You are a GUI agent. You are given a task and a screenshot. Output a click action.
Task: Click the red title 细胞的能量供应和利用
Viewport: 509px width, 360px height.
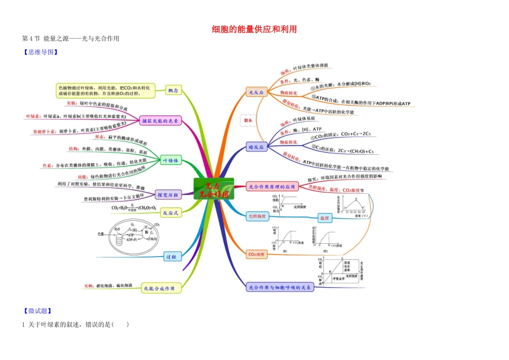click(254, 29)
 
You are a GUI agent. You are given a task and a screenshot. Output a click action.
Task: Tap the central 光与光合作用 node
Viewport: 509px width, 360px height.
click(213, 189)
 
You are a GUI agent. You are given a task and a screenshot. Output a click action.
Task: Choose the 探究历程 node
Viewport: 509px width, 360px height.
click(168, 194)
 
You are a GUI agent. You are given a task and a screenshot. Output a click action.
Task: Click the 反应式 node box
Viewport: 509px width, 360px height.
click(172, 213)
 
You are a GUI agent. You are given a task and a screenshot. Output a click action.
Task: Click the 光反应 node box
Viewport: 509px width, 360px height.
click(256, 93)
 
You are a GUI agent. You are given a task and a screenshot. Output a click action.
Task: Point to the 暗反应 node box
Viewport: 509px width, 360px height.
click(256, 147)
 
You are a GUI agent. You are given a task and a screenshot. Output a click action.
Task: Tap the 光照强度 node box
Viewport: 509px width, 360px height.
click(257, 216)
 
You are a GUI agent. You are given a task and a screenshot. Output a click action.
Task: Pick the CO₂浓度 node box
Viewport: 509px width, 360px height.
click(256, 253)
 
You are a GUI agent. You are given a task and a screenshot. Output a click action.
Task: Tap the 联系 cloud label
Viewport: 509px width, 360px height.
click(248, 121)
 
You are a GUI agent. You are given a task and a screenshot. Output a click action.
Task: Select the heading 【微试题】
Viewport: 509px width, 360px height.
click(37, 311)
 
